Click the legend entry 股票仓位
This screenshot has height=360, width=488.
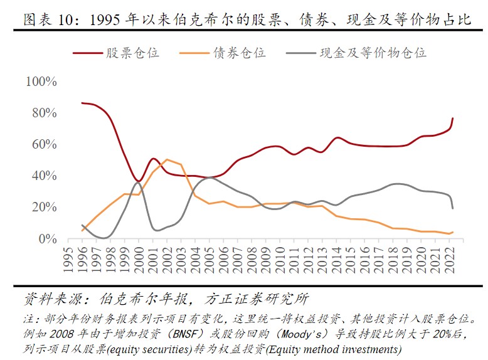point(132,53)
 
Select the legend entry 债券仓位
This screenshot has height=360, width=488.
point(239,53)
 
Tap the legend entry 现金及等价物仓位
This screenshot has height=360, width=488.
point(373,53)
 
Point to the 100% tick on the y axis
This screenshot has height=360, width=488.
point(41,82)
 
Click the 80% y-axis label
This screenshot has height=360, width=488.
point(45,114)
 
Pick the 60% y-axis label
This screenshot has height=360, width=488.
point(45,145)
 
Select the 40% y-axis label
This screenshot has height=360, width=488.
point(45,176)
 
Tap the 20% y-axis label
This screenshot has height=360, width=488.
point(45,208)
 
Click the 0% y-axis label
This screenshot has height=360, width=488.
point(48,239)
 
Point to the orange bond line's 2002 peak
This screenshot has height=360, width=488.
point(167,159)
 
